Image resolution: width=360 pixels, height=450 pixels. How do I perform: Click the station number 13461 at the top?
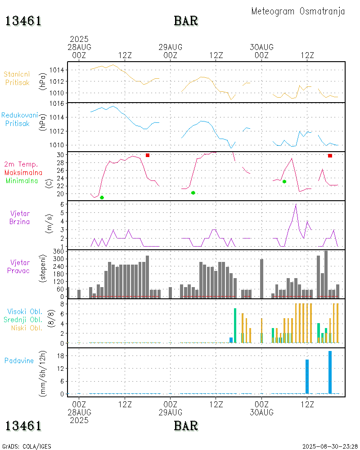(x=23, y=21)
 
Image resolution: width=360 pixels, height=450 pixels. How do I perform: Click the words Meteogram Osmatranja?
(x=298, y=11)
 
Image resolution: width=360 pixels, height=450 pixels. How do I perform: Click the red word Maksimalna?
(x=23, y=172)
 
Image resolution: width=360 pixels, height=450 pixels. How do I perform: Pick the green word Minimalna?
(x=22, y=180)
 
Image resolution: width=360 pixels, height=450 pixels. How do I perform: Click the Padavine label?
(x=19, y=360)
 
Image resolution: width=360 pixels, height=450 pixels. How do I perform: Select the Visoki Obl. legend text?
(x=25, y=311)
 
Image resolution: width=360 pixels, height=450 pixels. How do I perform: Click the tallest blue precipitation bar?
(x=330, y=372)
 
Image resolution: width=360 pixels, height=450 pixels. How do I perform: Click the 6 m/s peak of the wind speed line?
(x=296, y=205)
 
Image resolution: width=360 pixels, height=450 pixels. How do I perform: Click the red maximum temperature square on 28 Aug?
(x=148, y=155)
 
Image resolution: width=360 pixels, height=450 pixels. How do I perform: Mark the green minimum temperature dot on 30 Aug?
(x=284, y=181)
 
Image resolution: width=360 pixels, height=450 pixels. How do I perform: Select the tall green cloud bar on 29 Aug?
(x=235, y=325)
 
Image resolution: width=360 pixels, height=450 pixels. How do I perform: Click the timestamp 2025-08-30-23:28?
(x=330, y=446)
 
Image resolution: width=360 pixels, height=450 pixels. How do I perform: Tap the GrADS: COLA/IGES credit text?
(x=27, y=446)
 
